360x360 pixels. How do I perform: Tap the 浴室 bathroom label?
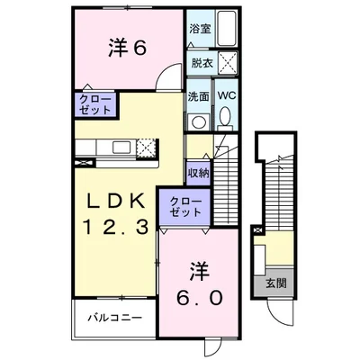[200, 28]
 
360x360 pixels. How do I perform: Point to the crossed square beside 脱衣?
[227, 63]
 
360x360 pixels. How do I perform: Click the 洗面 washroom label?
[199, 97]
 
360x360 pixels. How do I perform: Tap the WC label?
[226, 97]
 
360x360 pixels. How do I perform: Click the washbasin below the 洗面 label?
[197, 120]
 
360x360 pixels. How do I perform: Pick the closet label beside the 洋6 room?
[94, 104]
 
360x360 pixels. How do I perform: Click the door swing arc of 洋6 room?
[166, 82]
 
